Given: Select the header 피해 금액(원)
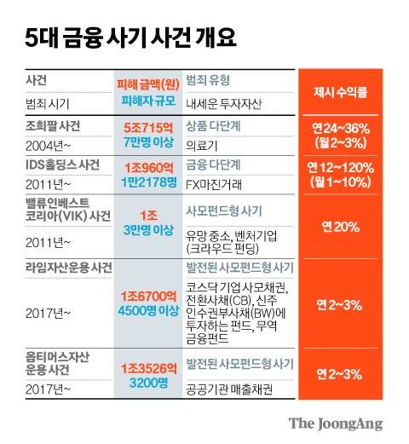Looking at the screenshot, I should click(148, 84).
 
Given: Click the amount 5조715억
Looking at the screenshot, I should click(148, 126).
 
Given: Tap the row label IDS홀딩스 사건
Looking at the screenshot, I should click(63, 163).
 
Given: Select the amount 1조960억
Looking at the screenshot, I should click(148, 165).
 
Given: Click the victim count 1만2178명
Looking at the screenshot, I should click(148, 180).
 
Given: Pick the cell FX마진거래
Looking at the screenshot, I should click(214, 182).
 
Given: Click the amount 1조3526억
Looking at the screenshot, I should click(148, 366).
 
